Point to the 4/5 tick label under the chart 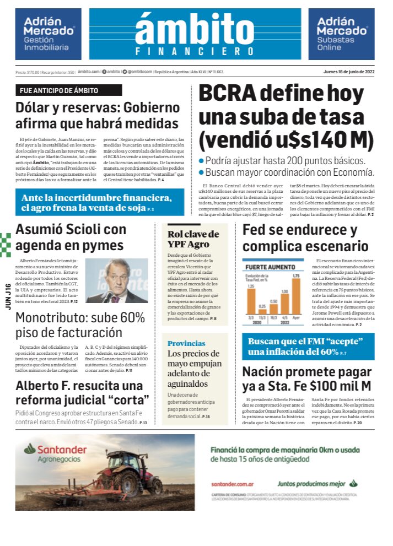(285, 317)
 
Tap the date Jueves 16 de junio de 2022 (349, 72)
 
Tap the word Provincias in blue (186, 343)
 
